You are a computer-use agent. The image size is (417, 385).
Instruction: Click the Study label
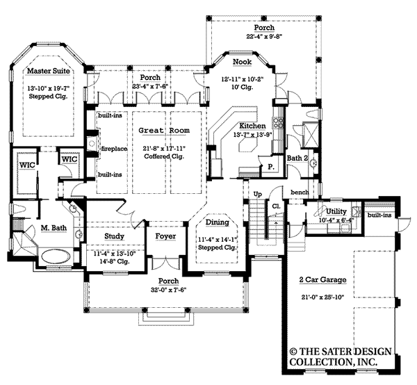pos(114,236)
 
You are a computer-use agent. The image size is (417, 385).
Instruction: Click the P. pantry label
pos(270,167)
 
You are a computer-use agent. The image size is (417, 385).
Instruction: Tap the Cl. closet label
pos(275,206)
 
